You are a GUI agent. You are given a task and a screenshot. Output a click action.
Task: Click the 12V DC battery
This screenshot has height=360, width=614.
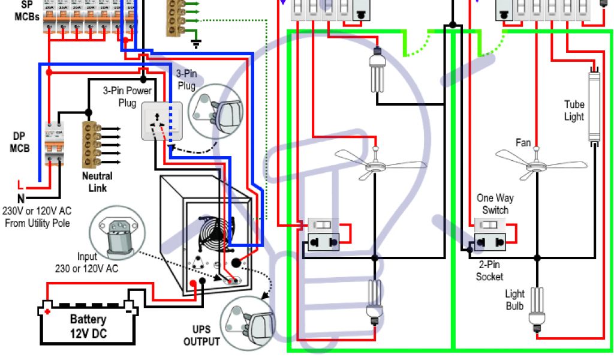coord(88,325)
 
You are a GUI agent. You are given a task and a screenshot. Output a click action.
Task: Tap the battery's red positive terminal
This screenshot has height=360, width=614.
coord(46,311)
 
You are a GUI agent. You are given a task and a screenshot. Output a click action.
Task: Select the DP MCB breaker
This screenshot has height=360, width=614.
coord(55,144)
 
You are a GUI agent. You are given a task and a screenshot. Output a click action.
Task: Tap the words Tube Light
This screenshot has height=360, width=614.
coord(574,110)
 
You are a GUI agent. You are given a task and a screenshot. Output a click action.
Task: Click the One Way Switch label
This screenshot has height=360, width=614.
coord(495,204)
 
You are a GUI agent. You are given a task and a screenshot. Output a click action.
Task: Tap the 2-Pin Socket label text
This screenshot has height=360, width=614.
coord(489,270)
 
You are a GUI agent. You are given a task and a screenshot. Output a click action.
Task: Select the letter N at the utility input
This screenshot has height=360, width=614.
coord(21,198)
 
